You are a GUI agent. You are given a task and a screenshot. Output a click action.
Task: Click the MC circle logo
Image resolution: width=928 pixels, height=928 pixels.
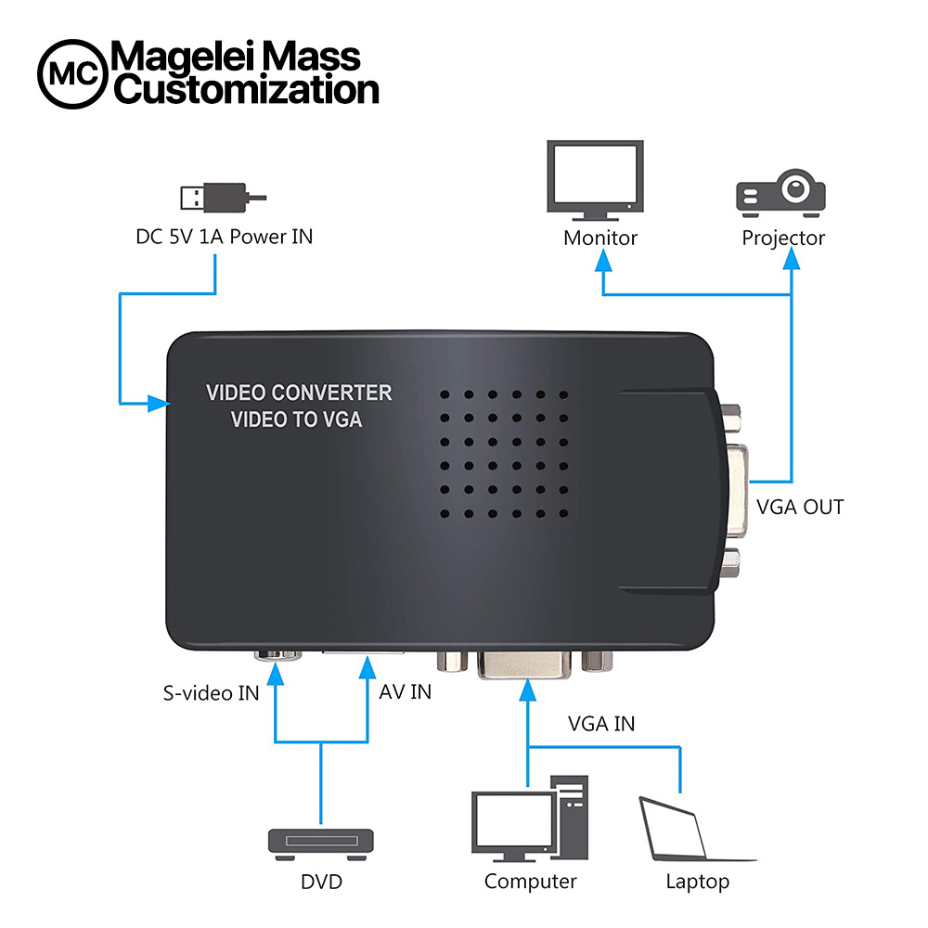72,74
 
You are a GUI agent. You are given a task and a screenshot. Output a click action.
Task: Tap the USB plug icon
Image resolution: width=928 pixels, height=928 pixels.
223,197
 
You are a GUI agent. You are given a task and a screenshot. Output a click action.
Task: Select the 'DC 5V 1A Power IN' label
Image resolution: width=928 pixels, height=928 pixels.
225,237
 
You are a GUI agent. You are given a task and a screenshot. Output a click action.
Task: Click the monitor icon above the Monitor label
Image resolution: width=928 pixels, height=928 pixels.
595,180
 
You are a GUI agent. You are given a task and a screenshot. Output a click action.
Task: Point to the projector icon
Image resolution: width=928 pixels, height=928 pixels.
780,193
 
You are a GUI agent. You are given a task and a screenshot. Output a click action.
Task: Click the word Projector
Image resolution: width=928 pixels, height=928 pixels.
783,238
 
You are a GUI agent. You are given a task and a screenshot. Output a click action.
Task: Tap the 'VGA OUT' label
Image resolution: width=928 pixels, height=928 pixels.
800,508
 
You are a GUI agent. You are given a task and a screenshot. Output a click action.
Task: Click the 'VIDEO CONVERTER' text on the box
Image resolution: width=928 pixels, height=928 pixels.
299,393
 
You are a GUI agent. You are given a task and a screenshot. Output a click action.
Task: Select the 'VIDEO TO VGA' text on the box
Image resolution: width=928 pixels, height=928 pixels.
296,419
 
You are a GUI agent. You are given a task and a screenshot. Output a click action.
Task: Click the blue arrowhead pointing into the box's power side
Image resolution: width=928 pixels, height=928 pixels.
159,404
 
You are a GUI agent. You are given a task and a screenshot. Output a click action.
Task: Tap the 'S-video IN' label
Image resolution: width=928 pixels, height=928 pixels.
212,693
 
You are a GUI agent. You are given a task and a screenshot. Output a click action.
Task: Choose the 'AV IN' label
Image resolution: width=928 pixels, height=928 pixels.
406,692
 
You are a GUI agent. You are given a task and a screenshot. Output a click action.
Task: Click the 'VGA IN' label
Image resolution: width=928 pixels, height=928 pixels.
601,724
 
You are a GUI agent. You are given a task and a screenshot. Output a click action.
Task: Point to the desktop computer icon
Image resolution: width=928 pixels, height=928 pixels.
530,818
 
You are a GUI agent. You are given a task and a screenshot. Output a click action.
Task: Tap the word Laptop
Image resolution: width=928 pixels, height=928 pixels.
697,882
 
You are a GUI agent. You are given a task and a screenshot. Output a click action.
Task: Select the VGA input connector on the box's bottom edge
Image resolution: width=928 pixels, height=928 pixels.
524,664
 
